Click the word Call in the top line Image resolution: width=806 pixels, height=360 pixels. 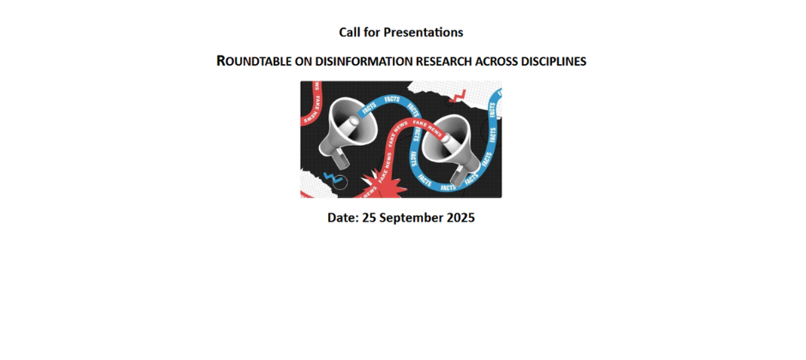coord(348,33)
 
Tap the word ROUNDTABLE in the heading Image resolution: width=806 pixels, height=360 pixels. coord(254,61)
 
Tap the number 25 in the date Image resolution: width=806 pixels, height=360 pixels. coord(369,218)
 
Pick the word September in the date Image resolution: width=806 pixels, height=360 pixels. coord(412,219)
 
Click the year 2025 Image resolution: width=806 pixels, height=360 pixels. coord(460,218)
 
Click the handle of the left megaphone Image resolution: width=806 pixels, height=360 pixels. coord(340,159)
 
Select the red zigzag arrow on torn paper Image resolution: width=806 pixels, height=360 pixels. coord(458,96)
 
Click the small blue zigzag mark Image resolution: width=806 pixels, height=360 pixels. coord(330,177)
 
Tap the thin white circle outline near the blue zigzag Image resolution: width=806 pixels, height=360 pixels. coord(340,181)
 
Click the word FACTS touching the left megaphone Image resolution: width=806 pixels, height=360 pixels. coord(369,108)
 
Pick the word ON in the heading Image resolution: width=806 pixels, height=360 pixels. coord(304,62)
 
